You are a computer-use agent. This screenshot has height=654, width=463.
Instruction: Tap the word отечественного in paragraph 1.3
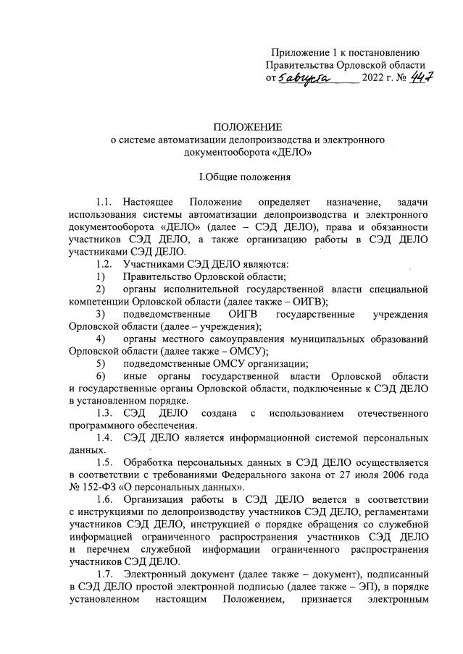pyautogui.click(x=389, y=412)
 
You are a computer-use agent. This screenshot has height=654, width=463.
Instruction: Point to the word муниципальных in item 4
pyautogui.click(x=318, y=338)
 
